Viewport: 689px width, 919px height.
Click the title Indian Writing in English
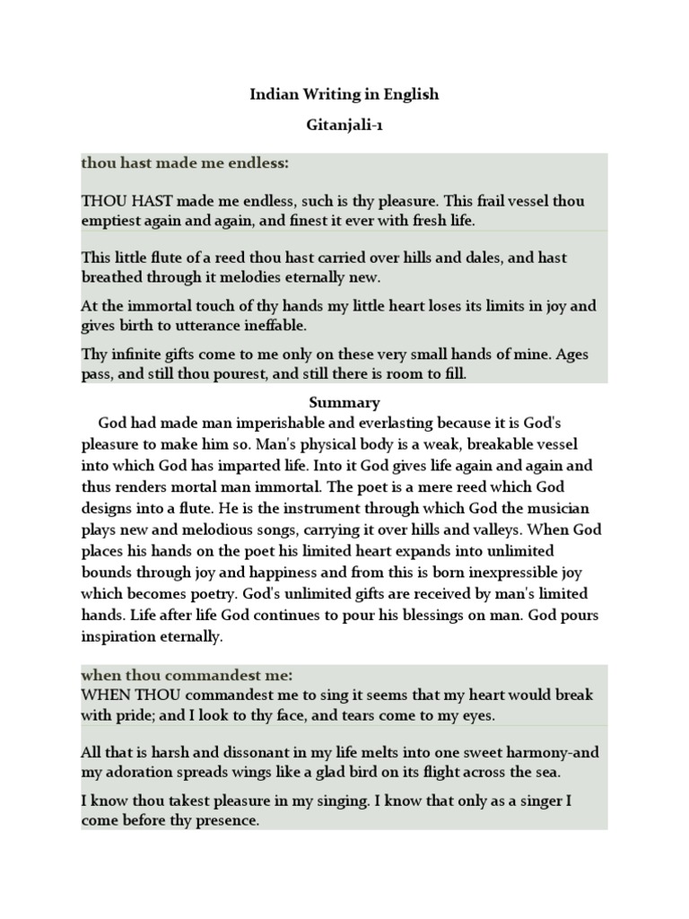click(344, 94)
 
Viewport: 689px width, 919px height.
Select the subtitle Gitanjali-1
click(344, 128)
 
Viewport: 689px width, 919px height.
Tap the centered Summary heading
click(344, 402)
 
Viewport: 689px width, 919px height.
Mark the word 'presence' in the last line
click(228, 820)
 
